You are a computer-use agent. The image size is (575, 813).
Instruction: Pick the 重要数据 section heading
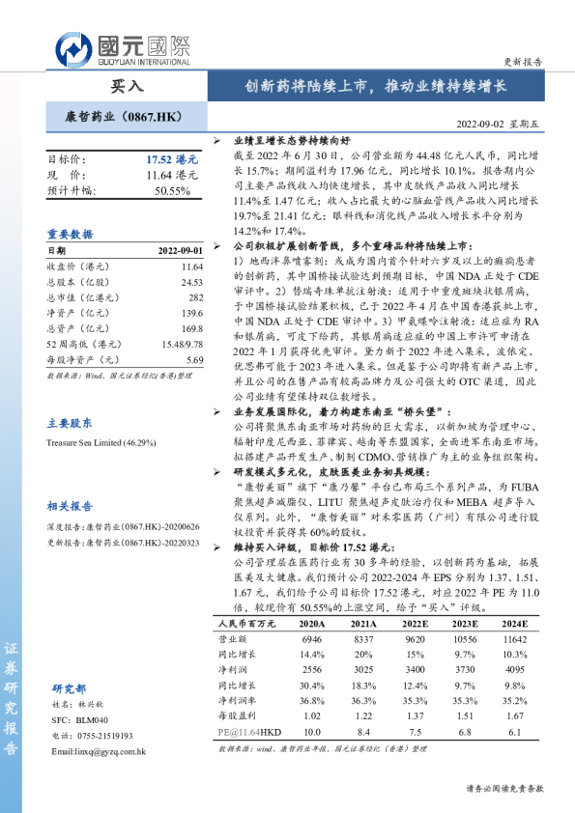[70, 235]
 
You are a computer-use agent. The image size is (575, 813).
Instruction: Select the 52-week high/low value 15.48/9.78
[183, 344]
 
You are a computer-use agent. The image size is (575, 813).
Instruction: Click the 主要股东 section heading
[70, 422]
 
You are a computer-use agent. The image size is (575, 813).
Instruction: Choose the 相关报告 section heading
[70, 505]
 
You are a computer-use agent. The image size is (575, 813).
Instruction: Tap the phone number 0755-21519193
[106, 736]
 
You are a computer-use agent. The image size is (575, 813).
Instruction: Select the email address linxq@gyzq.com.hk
[98, 750]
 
